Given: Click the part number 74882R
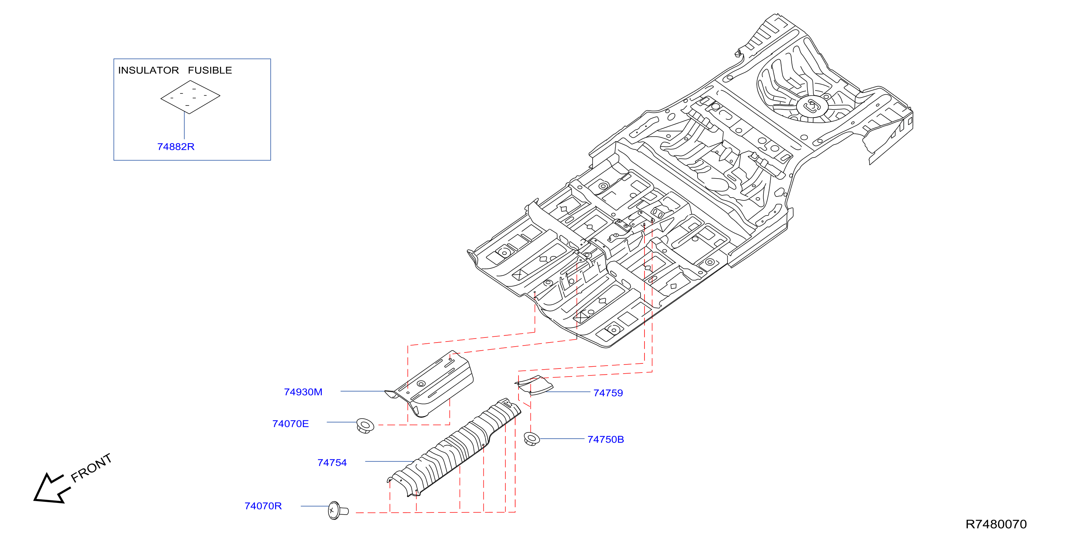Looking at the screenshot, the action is point(176,147).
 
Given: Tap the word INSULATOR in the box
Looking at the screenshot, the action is point(148,70).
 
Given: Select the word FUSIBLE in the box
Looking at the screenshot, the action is point(210,70).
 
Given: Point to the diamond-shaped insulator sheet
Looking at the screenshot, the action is point(190,97).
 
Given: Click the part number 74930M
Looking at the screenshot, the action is point(303,392).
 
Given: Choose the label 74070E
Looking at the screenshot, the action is point(290,424).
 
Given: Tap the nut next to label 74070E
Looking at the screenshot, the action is point(365,426).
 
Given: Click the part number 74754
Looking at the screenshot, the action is point(332,463).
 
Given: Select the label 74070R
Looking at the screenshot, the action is point(263,506).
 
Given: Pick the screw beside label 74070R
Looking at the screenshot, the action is point(338,511).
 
